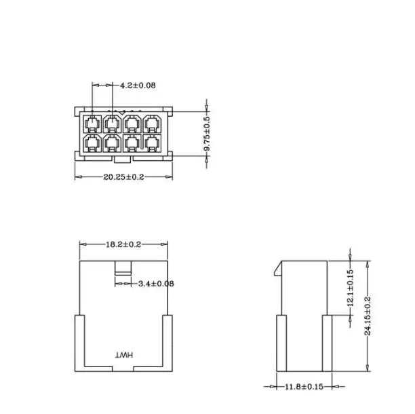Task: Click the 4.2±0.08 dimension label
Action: click(x=138, y=86)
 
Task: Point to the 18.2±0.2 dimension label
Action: click(x=123, y=244)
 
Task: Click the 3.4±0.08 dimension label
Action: click(x=155, y=283)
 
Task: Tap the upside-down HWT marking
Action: click(x=125, y=356)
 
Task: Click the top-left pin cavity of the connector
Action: click(x=92, y=124)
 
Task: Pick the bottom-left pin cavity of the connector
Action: click(x=92, y=143)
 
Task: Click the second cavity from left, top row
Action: click(x=112, y=124)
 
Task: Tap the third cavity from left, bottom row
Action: click(x=133, y=143)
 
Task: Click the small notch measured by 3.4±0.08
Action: click(x=122, y=267)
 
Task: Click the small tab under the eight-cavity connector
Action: click(x=123, y=160)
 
